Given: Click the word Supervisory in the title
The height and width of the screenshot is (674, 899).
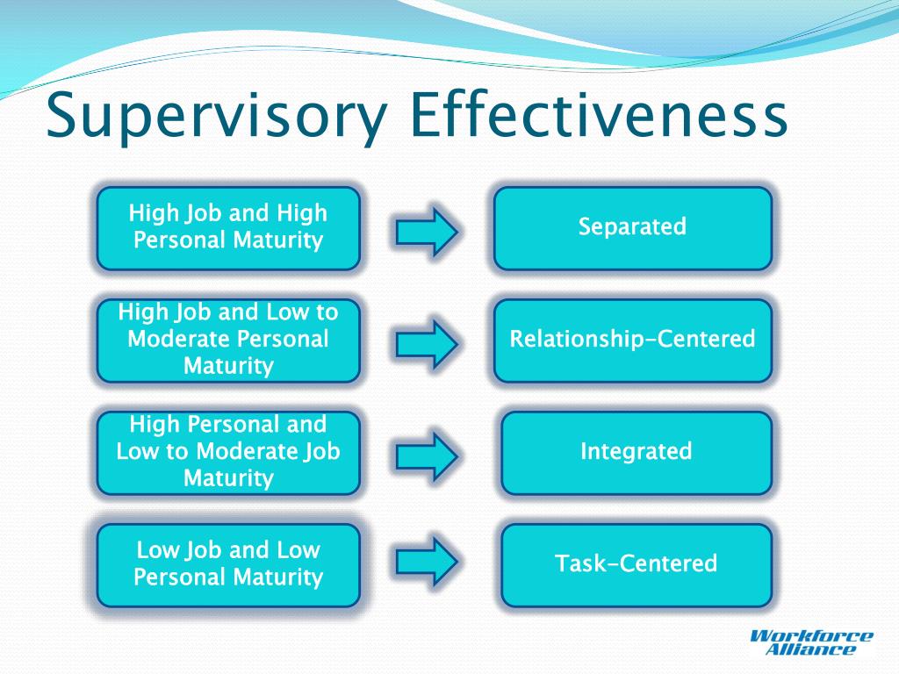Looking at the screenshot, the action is tap(216, 117).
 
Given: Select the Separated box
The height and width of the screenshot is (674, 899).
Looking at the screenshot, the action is tap(632, 227).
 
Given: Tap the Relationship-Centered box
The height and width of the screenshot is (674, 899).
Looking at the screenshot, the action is tap(632, 340).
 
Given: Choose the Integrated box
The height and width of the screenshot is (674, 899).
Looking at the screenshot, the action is tap(636, 452).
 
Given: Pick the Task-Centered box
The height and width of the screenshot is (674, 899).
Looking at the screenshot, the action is tap(636, 564).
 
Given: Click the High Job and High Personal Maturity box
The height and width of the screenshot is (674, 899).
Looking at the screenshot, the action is tap(228, 227).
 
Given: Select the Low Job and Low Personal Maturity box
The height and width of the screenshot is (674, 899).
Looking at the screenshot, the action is tap(228, 564).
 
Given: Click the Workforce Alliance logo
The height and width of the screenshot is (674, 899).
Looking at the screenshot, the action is tap(811, 642).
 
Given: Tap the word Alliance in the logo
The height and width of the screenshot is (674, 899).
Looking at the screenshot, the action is tap(809, 650).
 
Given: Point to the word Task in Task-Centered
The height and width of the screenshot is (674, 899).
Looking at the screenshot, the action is tap(576, 563).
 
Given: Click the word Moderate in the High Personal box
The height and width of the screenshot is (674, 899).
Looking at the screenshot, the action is tap(249, 452).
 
